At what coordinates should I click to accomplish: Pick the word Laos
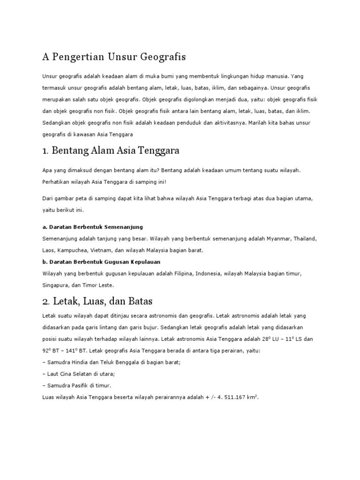pyautogui.click(x=49, y=250)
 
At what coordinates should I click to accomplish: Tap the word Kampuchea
pyautogui.click(x=75, y=250)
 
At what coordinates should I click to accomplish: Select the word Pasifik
pyautogui.click(x=82, y=385)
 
